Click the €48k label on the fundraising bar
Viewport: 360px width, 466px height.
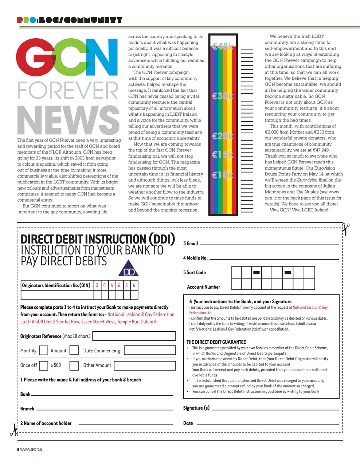[x=222, y=46]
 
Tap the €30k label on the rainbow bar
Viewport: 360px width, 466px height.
[x=222, y=96]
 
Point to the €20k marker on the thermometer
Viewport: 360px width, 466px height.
[x=222, y=136]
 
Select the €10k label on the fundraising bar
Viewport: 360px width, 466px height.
[x=222, y=175]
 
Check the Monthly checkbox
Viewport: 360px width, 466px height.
[x=43, y=350]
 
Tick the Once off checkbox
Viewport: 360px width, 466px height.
[x=43, y=365]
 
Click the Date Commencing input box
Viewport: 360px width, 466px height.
[x=150, y=350]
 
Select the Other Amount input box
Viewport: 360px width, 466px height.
[x=145, y=365]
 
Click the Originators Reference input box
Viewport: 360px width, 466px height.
[x=134, y=336]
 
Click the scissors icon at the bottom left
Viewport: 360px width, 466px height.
[x=14, y=430]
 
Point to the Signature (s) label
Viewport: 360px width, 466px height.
[x=196, y=408]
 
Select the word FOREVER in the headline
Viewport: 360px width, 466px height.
[x=68, y=90]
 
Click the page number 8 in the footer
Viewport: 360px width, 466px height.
[x=18, y=449]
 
